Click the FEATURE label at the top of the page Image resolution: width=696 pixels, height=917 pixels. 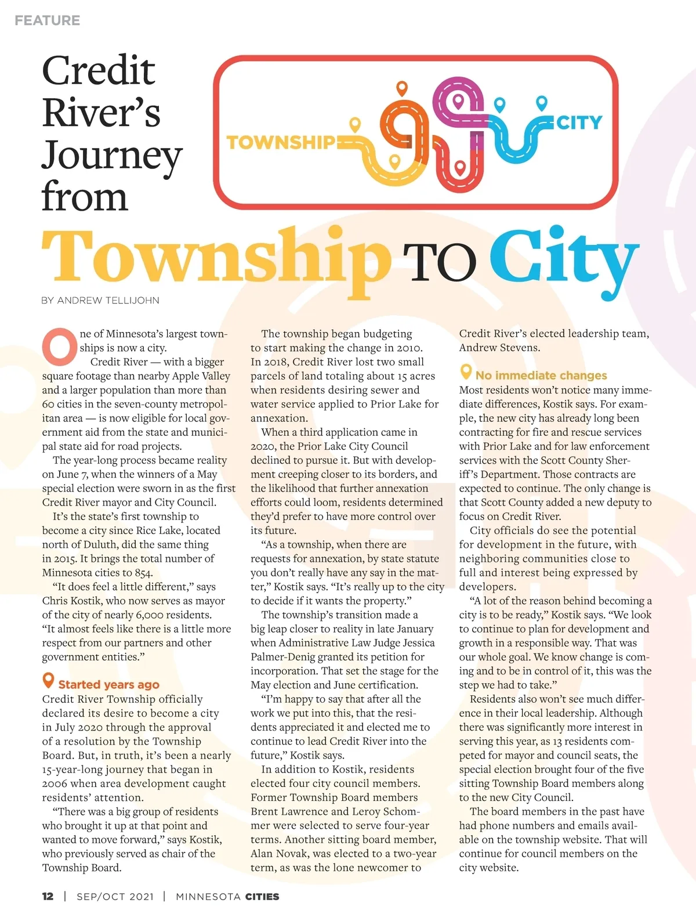point(48,20)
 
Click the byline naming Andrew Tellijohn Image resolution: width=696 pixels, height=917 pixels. point(100,300)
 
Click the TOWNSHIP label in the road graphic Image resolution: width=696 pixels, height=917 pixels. point(281,142)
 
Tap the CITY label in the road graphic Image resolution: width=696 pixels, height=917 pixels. point(579,122)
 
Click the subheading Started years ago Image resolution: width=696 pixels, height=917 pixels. point(108,684)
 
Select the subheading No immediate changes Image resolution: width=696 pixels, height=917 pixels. point(541,376)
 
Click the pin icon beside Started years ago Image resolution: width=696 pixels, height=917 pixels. point(48,680)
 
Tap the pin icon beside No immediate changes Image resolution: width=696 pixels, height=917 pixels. point(465,371)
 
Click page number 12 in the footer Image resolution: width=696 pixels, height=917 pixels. point(48,896)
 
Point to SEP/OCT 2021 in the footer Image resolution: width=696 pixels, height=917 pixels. point(115,896)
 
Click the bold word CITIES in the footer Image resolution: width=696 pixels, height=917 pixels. point(262,896)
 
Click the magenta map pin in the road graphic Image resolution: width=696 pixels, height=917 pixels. point(458,101)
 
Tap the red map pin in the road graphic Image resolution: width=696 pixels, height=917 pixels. point(459,168)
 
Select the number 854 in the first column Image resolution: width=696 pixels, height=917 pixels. point(143,573)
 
